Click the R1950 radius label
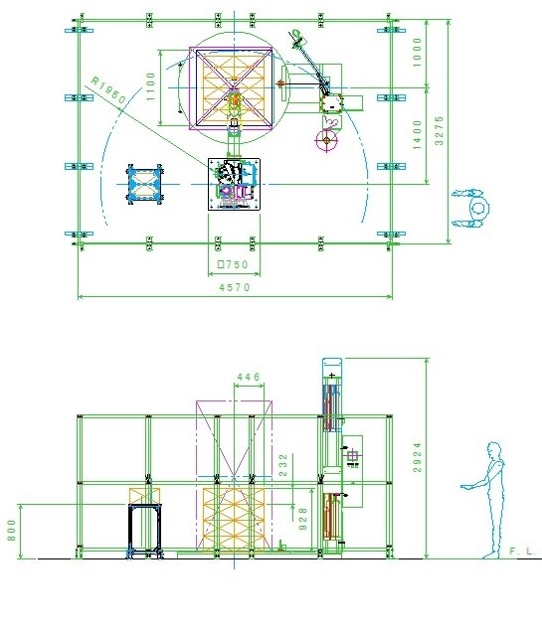108,89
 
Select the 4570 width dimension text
235,287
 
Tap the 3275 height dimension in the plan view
439,130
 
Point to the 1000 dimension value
417,53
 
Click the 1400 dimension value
417,135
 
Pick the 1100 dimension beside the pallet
150,86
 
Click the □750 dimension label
233,264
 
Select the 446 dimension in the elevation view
249,377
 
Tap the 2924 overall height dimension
417,458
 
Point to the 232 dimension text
283,465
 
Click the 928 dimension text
302,519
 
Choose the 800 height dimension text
11,530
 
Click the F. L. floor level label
522,552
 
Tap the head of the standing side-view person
494,450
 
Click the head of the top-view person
478,208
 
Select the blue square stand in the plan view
145,184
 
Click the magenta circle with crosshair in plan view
326,140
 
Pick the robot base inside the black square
234,184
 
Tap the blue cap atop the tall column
332,368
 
